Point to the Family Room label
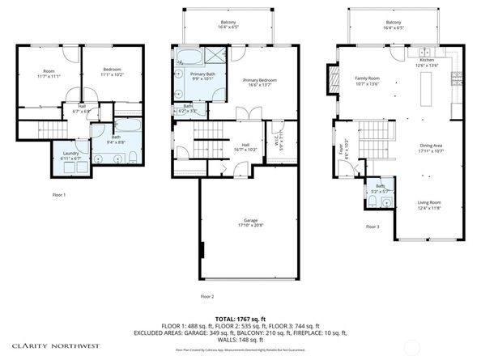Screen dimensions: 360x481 coord(367,78)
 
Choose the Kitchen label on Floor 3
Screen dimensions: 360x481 coord(427,61)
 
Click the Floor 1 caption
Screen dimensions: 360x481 coord(58,195)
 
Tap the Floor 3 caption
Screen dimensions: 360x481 coord(372,227)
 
